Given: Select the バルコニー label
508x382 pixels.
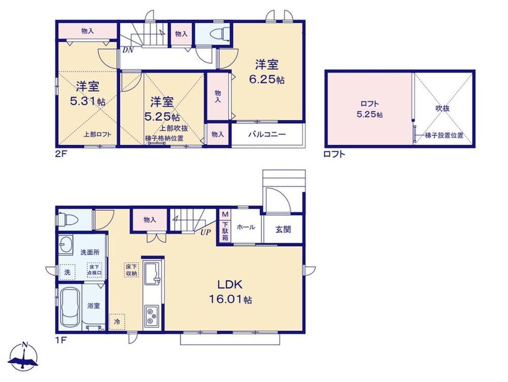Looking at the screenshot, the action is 267,134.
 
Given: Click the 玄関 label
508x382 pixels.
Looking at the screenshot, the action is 283,230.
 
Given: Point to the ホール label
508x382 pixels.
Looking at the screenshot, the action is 246,227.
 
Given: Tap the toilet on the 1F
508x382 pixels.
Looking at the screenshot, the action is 68,220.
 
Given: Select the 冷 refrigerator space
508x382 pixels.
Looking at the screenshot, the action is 117,322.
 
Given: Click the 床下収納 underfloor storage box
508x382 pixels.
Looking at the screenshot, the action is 132,270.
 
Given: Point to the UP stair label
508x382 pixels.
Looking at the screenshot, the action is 206,232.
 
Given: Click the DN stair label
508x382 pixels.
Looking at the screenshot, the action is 127,50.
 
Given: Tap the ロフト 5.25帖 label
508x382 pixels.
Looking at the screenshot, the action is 369,109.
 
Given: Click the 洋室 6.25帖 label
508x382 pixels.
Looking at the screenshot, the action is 267,72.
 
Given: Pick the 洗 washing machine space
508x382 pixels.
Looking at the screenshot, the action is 67,272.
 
